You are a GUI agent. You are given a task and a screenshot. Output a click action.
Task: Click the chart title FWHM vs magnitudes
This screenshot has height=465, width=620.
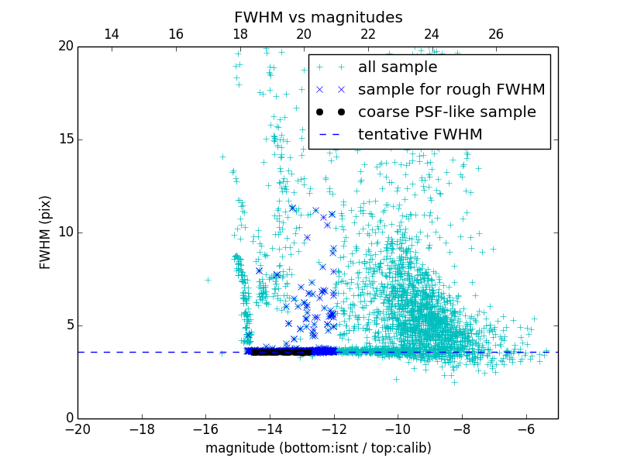click(x=318, y=17)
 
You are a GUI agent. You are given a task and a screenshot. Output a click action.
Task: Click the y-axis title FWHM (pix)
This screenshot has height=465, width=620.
click(x=46, y=232)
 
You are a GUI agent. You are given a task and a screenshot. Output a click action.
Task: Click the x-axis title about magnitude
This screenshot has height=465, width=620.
click(x=318, y=448)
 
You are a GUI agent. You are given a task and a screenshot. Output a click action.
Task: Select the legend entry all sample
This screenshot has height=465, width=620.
click(x=398, y=67)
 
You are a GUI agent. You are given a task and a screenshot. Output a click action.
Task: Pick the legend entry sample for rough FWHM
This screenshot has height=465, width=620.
click(x=451, y=90)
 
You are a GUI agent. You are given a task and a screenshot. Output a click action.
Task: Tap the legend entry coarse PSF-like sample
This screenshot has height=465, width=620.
click(x=446, y=112)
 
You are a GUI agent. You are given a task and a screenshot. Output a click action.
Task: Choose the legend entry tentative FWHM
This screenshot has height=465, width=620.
click(x=420, y=135)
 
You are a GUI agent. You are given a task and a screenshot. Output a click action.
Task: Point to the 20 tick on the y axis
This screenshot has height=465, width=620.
click(x=64, y=46)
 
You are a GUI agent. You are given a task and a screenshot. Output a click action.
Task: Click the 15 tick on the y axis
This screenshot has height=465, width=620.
click(x=64, y=139)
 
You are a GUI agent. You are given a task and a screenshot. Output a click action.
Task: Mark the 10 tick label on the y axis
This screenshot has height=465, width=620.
click(x=64, y=232)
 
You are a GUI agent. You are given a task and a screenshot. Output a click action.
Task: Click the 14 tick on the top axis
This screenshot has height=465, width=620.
click(x=112, y=34)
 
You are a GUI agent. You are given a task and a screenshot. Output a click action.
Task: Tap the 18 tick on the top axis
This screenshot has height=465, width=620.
click(x=239, y=34)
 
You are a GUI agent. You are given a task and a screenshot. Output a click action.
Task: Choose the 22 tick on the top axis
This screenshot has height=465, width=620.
click(x=368, y=34)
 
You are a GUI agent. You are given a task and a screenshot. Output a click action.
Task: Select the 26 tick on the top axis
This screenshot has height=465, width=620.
click(x=496, y=34)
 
